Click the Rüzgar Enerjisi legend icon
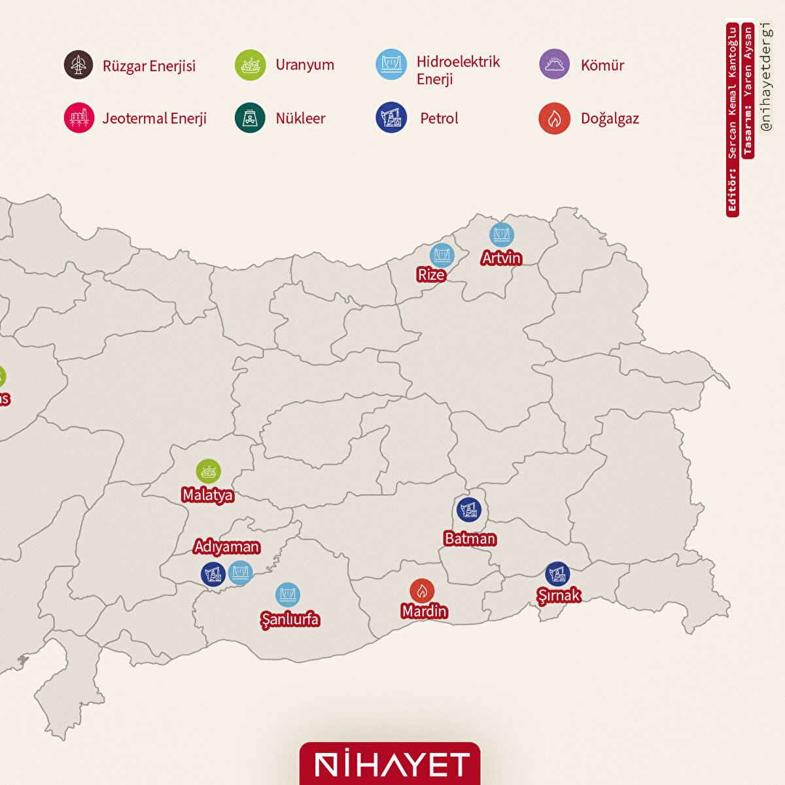pyautogui.click(x=78, y=65)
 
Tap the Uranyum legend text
pyautogui.click(x=304, y=65)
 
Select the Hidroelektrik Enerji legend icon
pyautogui.click(x=391, y=65)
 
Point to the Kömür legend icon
pyautogui.click(x=555, y=64)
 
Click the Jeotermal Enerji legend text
pyautogui.click(x=154, y=118)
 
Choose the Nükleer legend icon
pyautogui.click(x=250, y=118)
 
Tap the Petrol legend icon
pyautogui.click(x=391, y=118)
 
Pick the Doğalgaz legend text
pyautogui.click(x=610, y=118)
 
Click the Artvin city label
pyautogui.click(x=501, y=258)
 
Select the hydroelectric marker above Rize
pyautogui.click(x=442, y=255)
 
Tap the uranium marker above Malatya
pyautogui.click(x=209, y=471)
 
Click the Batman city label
pyautogui.click(x=470, y=538)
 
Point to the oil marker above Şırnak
pyautogui.click(x=557, y=574)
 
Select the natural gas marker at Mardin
pyautogui.click(x=422, y=591)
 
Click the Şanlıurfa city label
pyautogui.click(x=290, y=619)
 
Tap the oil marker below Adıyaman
pyautogui.click(x=213, y=574)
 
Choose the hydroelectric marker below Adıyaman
pyautogui.click(x=241, y=572)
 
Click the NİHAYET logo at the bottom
pyautogui.click(x=391, y=764)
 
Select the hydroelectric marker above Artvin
pyautogui.click(x=502, y=235)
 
